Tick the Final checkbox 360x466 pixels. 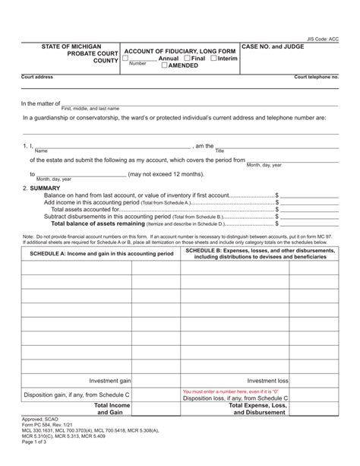click(187, 59)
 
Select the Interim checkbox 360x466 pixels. click(213, 59)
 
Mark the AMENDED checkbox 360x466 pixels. click(166, 66)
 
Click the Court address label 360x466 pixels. click(37, 77)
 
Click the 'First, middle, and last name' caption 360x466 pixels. click(90, 109)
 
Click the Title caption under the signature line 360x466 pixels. click(219, 151)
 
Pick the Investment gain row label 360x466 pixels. click(110, 380)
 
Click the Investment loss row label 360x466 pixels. click(268, 380)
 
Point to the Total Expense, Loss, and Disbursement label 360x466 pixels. click(259, 410)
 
